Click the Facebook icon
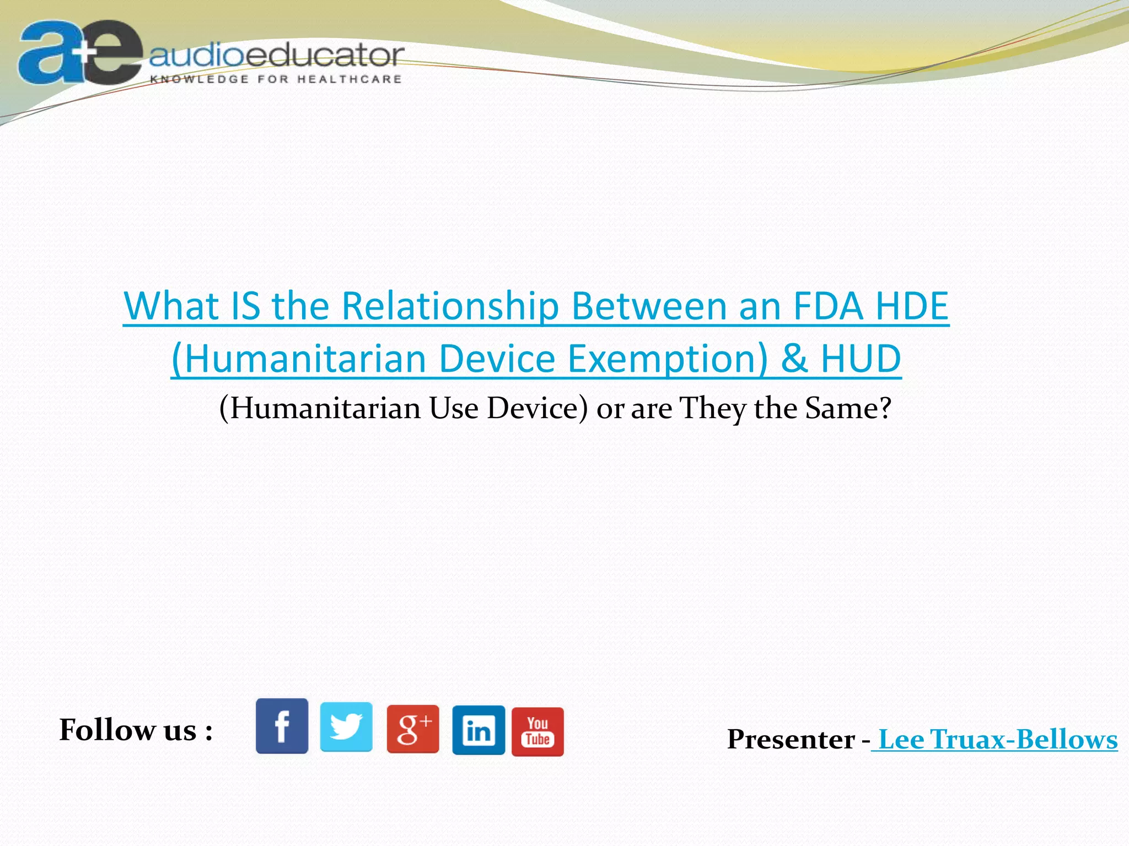(282, 726)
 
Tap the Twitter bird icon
(346, 727)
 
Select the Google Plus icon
(413, 729)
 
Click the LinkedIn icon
(479, 730)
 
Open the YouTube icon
(537, 731)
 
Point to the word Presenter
(791, 739)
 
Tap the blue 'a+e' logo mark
(80, 53)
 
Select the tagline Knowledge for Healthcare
(276, 79)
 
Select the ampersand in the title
(794, 359)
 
